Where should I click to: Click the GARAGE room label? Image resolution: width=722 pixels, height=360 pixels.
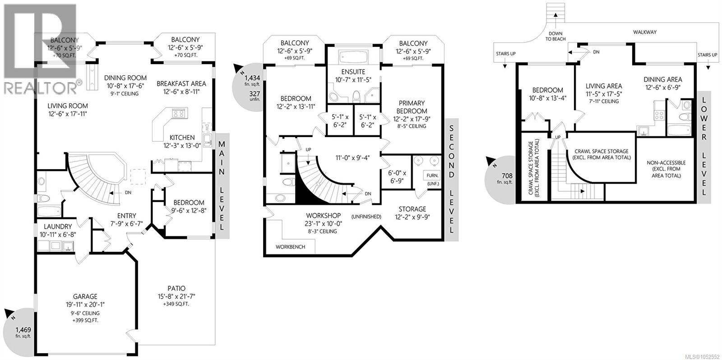pyautogui.click(x=85, y=296)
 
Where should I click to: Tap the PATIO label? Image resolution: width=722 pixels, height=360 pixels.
pyautogui.click(x=176, y=288)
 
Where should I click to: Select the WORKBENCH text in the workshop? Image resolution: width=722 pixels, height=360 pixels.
pyautogui.click(x=291, y=247)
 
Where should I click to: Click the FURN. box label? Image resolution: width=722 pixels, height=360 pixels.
pyautogui.click(x=432, y=175)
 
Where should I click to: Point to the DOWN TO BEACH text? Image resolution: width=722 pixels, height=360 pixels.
pyautogui.click(x=555, y=36)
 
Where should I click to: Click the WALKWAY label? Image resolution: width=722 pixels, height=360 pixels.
pyautogui.click(x=645, y=32)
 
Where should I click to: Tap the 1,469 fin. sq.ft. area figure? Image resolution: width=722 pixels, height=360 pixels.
pyautogui.click(x=23, y=332)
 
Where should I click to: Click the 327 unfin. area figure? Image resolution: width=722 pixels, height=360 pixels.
pyautogui.click(x=255, y=96)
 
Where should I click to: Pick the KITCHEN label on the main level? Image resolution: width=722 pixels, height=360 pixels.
pyautogui.click(x=182, y=138)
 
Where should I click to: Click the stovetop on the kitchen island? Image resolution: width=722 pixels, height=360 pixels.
pyautogui.click(x=179, y=113)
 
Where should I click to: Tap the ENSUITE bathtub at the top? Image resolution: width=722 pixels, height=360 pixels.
pyautogui.click(x=353, y=57)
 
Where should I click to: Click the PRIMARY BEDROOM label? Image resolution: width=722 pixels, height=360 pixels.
pyautogui.click(x=412, y=107)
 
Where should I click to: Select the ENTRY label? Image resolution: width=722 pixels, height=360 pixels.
pyautogui.click(x=127, y=216)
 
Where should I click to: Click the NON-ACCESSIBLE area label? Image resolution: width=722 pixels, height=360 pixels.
pyautogui.click(x=666, y=163)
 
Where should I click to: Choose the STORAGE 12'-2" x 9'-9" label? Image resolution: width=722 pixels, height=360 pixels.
pyautogui.click(x=412, y=213)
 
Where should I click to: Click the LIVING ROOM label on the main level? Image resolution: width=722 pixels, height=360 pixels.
pyautogui.click(x=68, y=106)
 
